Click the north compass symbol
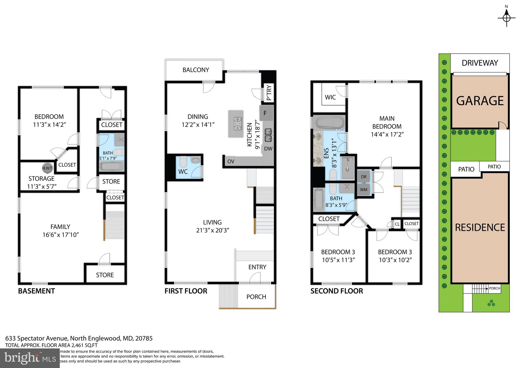[506, 18]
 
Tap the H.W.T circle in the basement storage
[47, 168]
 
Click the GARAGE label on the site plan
[480, 101]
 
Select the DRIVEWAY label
[480, 63]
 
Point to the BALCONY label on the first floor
[196, 70]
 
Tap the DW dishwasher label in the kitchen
[268, 149]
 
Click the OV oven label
[230, 162]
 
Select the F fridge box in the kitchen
[266, 113]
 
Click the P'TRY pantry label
[269, 93]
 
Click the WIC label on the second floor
[330, 97]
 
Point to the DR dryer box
[364, 177]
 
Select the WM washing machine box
[364, 190]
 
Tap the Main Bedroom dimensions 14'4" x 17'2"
[387, 134]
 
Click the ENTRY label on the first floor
[257, 267]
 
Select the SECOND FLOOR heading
[336, 291]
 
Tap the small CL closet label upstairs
[397, 224]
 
